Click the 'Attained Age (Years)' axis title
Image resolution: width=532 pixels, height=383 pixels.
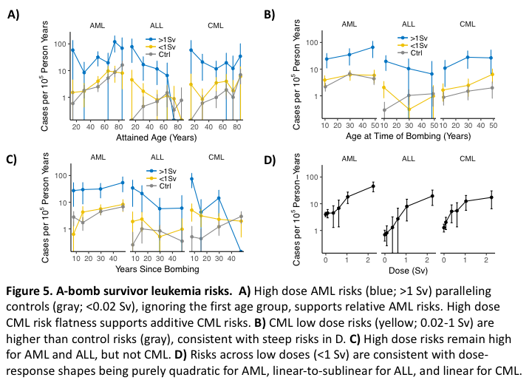[x=145, y=135]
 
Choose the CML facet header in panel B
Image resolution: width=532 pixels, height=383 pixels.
[x=467, y=24]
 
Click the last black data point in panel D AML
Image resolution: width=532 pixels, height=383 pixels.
[x=373, y=186]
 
